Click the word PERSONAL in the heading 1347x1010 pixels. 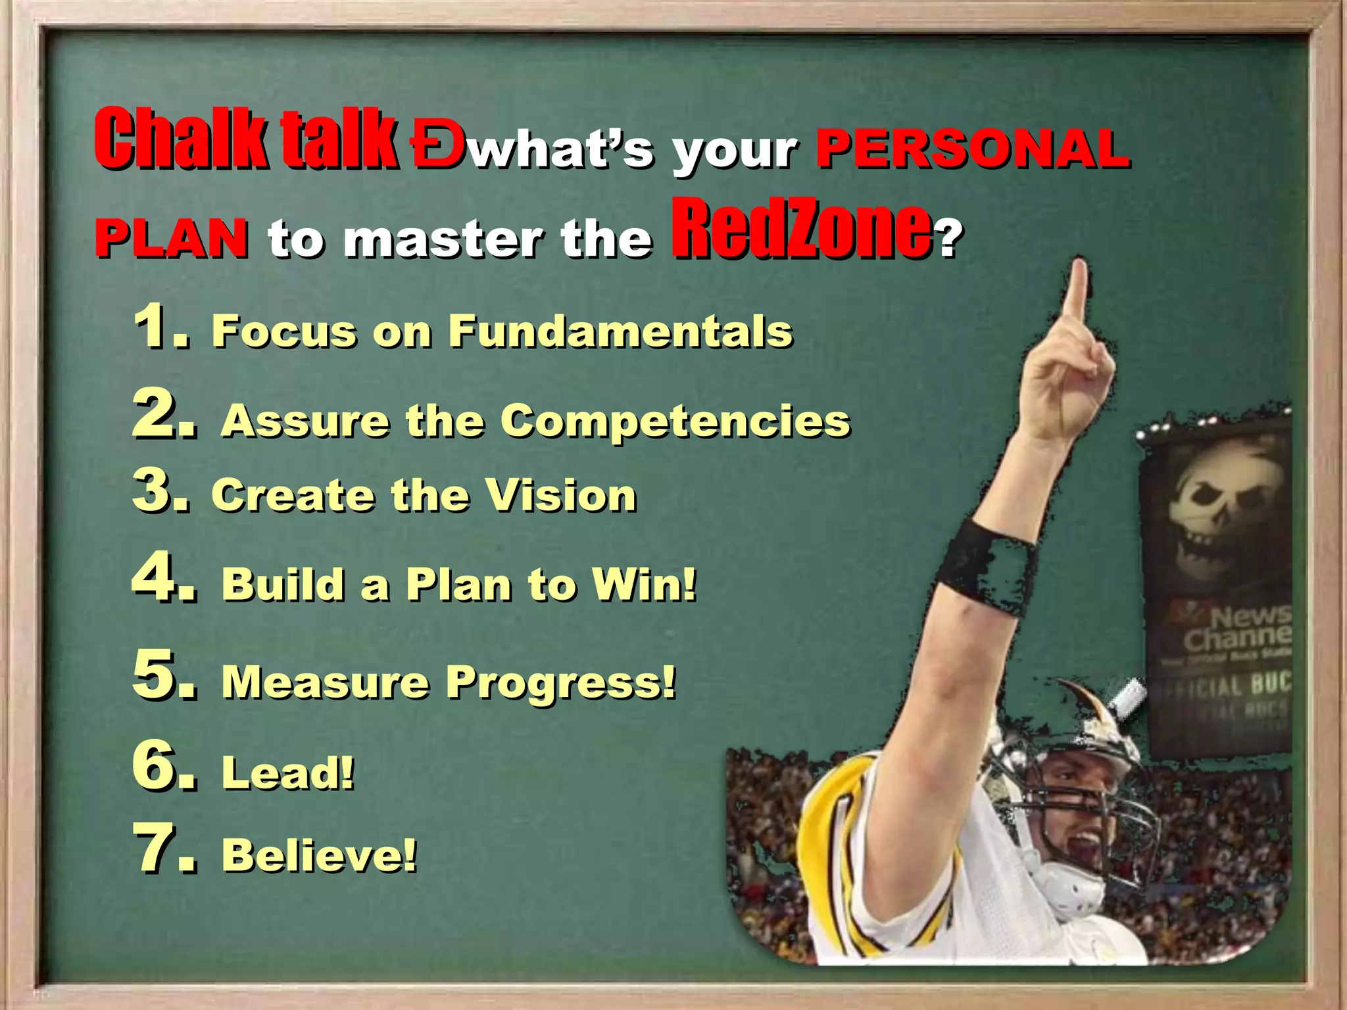(x=972, y=149)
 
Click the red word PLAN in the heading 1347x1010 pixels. (x=172, y=237)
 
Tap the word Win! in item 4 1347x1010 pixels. (x=644, y=584)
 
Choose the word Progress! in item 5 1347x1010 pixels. (x=560, y=682)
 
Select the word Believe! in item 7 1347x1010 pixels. (x=319, y=855)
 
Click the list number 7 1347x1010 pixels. (x=163, y=850)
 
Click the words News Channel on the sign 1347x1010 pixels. (x=1237, y=628)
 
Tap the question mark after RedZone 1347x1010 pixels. (x=948, y=238)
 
